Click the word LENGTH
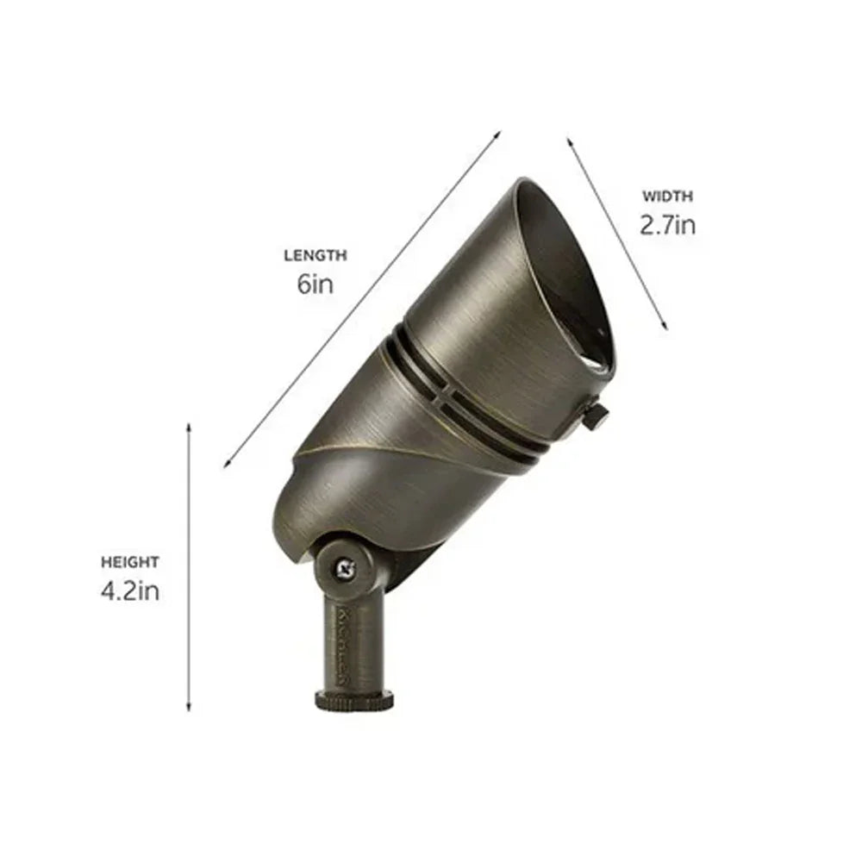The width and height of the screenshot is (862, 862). [x=315, y=255]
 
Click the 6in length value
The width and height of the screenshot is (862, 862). [x=315, y=284]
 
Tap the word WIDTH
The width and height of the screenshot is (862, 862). [x=666, y=197]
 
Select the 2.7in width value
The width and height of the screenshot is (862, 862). [x=666, y=225]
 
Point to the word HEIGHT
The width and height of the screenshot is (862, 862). [x=130, y=562]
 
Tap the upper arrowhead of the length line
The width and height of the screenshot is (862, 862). [x=497, y=134]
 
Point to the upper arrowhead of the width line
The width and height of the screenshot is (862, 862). [x=570, y=139]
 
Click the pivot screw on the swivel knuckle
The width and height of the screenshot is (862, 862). [x=347, y=567]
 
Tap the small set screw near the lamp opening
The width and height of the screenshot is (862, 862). [x=595, y=419]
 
